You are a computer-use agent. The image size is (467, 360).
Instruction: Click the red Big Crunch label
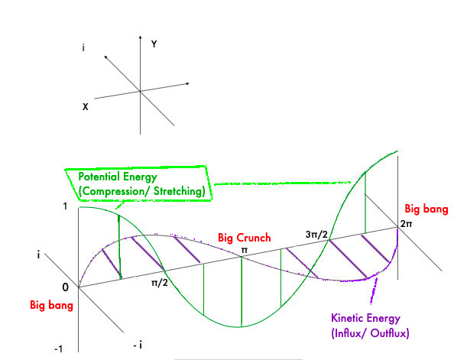click(x=245, y=238)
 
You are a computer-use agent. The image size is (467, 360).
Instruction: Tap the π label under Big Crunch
click(x=245, y=249)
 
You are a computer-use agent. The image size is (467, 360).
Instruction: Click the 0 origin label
click(x=65, y=287)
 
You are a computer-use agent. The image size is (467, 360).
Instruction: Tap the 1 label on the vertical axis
click(x=64, y=206)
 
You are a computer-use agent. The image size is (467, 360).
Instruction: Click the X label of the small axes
click(x=85, y=107)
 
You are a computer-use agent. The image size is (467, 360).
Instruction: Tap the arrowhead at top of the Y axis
click(x=140, y=35)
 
